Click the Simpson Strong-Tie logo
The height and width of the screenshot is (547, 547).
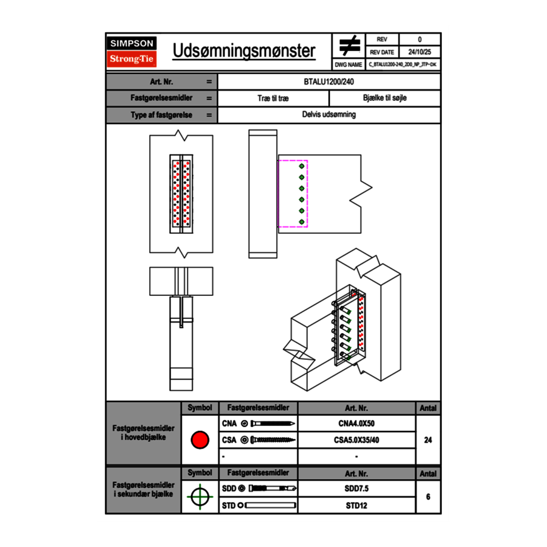[132, 52]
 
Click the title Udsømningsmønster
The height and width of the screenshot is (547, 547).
[244, 51]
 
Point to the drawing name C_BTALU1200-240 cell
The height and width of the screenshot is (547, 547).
[402, 64]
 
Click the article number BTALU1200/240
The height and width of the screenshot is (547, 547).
[329, 81]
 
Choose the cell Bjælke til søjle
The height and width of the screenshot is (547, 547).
[384, 98]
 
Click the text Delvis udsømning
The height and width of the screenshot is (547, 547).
[329, 115]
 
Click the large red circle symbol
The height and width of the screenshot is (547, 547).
[200, 439]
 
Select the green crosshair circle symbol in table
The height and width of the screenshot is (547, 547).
[200, 496]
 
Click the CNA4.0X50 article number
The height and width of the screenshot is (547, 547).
[356, 424]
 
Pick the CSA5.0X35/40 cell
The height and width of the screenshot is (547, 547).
[356, 440]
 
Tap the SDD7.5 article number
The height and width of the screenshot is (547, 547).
[356, 489]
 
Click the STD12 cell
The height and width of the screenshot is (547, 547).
[356, 505]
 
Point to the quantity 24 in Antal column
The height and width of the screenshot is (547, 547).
[428, 440]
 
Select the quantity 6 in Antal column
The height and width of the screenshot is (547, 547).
[428, 497]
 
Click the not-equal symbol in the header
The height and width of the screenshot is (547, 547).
[349, 45]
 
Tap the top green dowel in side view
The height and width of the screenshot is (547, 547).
[302, 166]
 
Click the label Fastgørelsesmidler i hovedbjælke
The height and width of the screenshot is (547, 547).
[143, 433]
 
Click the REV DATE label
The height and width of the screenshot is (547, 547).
[382, 52]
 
